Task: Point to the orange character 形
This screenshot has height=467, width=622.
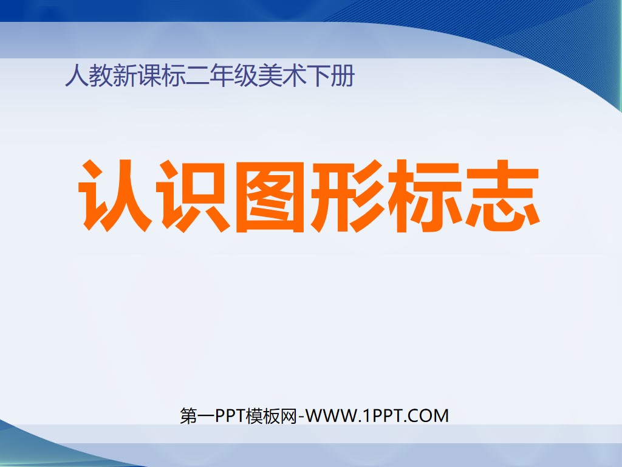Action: tap(347, 196)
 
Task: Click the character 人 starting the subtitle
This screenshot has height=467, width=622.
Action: tap(75, 77)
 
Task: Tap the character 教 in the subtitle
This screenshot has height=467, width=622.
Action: tap(99, 77)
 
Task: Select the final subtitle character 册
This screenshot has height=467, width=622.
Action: tap(342, 77)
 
